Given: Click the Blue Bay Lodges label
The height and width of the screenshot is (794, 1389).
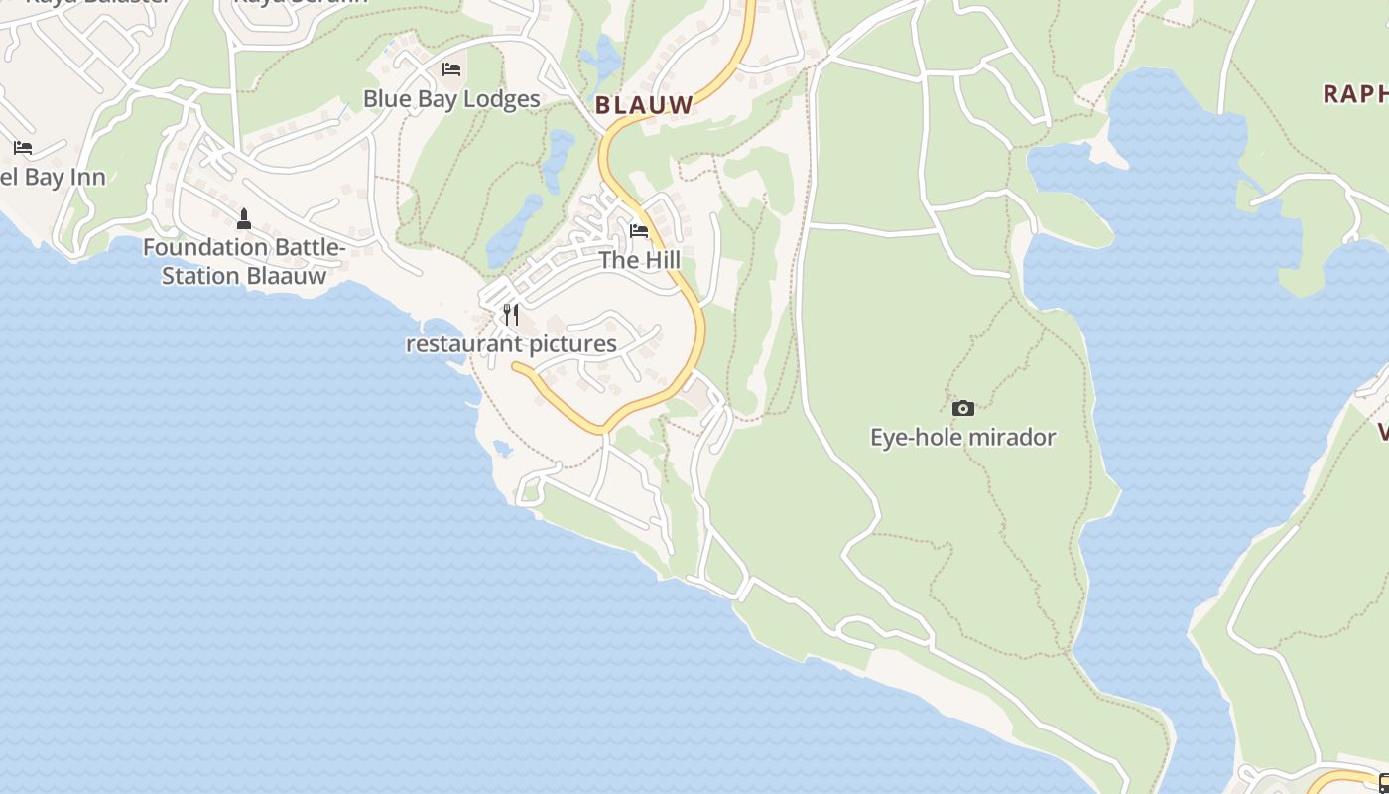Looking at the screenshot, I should (x=451, y=99).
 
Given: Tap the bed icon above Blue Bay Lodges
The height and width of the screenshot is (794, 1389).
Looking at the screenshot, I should (x=451, y=69).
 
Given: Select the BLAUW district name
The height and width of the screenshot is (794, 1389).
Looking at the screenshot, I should (x=644, y=104).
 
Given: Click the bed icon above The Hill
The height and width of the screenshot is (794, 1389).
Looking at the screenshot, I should (x=639, y=231).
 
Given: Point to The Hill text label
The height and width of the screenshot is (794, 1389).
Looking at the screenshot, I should (x=639, y=260).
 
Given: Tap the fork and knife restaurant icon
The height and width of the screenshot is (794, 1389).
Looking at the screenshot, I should (x=511, y=315).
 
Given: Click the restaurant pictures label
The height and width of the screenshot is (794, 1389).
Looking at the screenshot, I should (x=511, y=344).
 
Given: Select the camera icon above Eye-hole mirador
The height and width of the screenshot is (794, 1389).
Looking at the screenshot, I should (x=962, y=408).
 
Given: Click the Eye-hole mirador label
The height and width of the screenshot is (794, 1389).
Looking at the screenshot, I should (x=962, y=437).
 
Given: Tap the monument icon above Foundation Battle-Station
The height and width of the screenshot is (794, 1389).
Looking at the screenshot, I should (x=244, y=218).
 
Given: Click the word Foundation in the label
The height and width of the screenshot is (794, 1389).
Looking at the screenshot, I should (x=206, y=247).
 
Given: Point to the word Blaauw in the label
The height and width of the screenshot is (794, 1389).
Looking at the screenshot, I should (x=287, y=276).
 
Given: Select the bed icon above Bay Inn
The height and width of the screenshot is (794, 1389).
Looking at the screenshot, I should (x=23, y=148).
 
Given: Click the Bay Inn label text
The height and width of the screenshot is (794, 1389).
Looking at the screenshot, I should (x=55, y=178).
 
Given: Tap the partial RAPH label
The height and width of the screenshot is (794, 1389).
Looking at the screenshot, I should (x=1356, y=94).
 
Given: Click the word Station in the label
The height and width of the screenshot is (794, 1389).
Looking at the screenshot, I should (x=200, y=276).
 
